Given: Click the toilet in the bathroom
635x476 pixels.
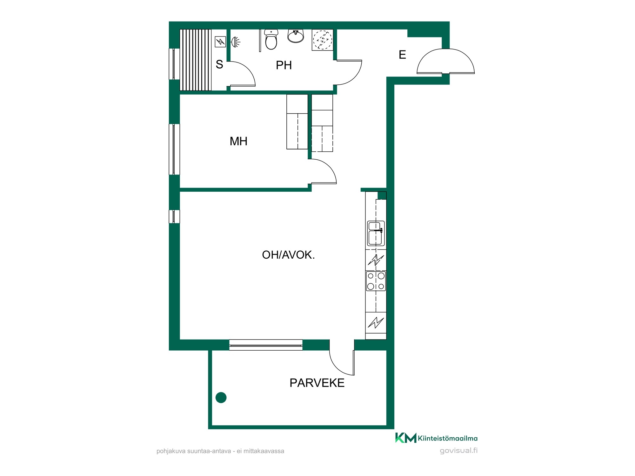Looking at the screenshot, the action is pyautogui.click(x=271, y=39).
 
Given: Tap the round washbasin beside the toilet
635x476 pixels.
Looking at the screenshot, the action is pyautogui.click(x=296, y=36).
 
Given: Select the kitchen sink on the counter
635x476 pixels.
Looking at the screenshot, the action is pyautogui.click(x=376, y=233).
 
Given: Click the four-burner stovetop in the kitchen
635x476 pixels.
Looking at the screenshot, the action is pyautogui.click(x=376, y=281).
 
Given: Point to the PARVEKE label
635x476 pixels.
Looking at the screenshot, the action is pyautogui.click(x=317, y=383).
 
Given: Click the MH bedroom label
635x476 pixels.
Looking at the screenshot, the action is pyautogui.click(x=238, y=141).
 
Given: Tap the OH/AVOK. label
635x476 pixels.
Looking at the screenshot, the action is pyautogui.click(x=288, y=255).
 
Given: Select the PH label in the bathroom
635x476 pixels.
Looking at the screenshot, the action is pyautogui.click(x=284, y=65).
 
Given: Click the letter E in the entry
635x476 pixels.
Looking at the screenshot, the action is pyautogui.click(x=402, y=55).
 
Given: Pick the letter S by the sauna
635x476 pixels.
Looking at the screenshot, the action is pyautogui.click(x=219, y=64).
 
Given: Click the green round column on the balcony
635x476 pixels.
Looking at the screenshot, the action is pyautogui.click(x=221, y=397).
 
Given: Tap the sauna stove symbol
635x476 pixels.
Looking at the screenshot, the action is pyautogui.click(x=220, y=42).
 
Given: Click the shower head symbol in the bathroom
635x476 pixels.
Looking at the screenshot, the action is pyautogui.click(x=235, y=42).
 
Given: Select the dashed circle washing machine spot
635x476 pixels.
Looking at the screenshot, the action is pyautogui.click(x=323, y=40).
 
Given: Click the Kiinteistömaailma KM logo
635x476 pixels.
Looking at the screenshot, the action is pyautogui.click(x=436, y=438).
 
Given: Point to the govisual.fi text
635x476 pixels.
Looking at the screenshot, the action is pyautogui.click(x=458, y=451).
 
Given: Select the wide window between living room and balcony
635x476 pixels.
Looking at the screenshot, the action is pyautogui.click(x=266, y=345).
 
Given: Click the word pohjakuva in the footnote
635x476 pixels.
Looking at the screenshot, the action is pyautogui.click(x=171, y=451).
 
